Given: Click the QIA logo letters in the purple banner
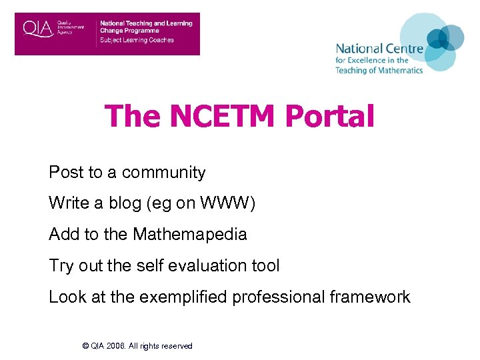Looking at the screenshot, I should [x=38, y=29].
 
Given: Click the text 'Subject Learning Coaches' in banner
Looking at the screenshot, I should [x=137, y=40].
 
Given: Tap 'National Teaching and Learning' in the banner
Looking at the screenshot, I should [x=146, y=23].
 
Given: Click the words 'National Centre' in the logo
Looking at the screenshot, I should [x=379, y=49].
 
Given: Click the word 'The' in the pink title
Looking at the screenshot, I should [x=133, y=116].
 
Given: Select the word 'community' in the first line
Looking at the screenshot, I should [x=164, y=173].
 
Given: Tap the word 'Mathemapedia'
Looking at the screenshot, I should [x=190, y=235].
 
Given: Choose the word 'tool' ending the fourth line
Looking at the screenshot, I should [x=266, y=265].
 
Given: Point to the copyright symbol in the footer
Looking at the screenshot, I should [x=85, y=346].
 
